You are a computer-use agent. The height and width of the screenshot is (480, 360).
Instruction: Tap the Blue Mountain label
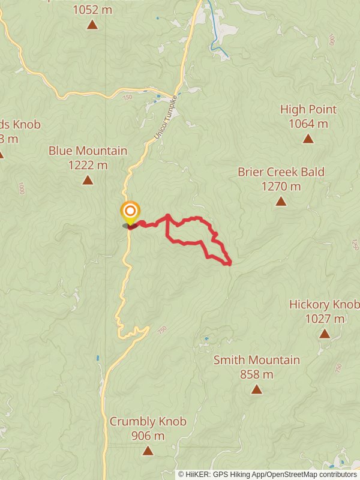[88, 151]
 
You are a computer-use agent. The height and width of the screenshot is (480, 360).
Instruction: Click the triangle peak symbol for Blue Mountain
[88, 180]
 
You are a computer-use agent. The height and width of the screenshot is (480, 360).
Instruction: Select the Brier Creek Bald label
[281, 172]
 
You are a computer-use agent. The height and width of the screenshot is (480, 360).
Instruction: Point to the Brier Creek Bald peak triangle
[281, 202]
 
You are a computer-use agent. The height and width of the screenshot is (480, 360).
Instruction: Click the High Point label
[308, 110]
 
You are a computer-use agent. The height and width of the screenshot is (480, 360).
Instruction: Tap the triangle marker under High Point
[308, 139]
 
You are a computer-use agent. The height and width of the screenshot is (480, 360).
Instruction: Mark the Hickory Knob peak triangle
[325, 334]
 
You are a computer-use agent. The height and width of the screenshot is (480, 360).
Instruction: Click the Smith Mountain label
[257, 360]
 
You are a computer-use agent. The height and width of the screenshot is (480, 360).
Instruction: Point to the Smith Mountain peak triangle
[257, 389]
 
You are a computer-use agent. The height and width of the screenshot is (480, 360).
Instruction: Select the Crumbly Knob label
[148, 422]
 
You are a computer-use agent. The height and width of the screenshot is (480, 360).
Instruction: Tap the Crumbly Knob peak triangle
[148, 451]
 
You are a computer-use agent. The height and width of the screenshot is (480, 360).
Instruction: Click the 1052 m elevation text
[92, 9]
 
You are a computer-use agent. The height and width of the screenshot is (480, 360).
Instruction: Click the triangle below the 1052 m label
[92, 25]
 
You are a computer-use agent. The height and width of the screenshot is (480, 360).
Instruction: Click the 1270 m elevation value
[281, 187]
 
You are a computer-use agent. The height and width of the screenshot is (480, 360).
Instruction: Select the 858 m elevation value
[257, 374]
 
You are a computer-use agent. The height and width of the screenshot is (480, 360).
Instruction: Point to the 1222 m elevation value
[88, 165]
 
